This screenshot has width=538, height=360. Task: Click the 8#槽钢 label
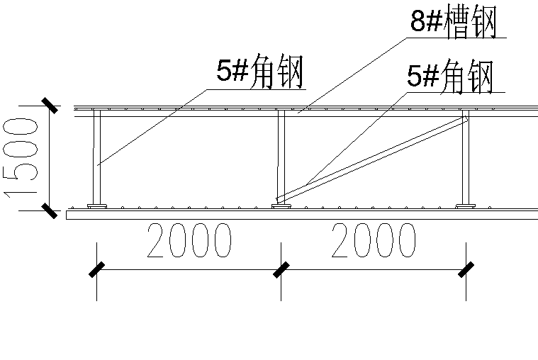coord(454,23)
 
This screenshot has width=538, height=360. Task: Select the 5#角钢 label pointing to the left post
coord(260,72)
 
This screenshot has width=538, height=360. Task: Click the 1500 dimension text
coord(22,157)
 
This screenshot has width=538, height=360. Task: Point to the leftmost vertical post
coord(97,157)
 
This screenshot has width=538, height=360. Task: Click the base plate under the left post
coord(97,207)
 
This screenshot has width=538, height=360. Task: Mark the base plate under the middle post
coord(281,207)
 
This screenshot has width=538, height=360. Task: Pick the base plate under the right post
coord(466,207)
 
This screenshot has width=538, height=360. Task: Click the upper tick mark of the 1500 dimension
coord(49,105)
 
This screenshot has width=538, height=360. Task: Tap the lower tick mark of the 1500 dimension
coord(49,210)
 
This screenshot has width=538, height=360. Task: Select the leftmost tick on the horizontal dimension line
coord(97,269)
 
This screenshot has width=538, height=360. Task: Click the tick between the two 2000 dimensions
coord(281,269)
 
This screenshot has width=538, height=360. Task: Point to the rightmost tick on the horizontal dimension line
coord(466,269)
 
